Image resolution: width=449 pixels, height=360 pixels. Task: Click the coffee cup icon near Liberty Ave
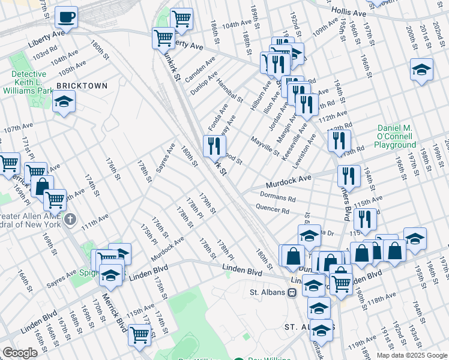click(x=66, y=17)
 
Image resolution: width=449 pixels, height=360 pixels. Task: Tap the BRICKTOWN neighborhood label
click(x=82, y=86)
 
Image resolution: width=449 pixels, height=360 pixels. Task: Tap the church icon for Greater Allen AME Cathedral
click(x=70, y=218)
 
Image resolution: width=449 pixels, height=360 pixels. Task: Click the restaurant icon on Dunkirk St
click(x=214, y=145)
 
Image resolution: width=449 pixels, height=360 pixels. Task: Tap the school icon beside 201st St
click(x=421, y=70)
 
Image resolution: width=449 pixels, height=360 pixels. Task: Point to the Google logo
click(x=20, y=353)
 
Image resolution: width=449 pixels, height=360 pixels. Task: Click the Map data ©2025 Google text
click(x=411, y=355)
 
